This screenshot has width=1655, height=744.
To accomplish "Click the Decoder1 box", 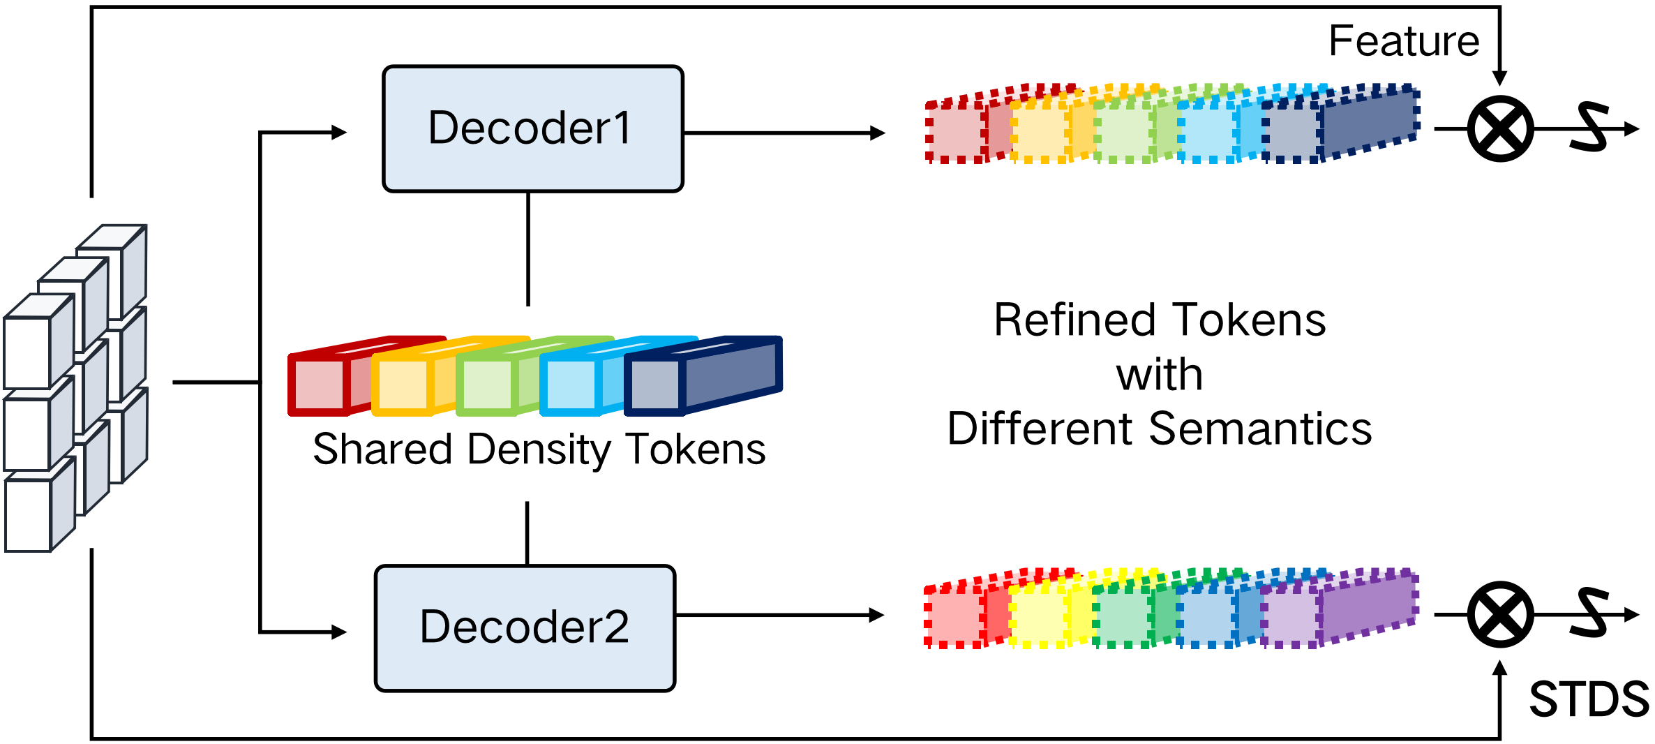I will click(532, 129).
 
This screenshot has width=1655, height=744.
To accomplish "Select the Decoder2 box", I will click(525, 628).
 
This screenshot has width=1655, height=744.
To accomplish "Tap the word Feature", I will click(1404, 41).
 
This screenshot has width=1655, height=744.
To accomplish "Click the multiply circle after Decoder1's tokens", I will click(1500, 129).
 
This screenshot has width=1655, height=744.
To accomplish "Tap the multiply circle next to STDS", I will click(1500, 615).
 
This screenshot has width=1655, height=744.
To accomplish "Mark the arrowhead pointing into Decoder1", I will click(340, 133).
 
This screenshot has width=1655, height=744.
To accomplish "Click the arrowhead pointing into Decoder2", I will click(340, 632).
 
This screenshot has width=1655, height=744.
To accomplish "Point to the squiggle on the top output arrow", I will click(1589, 127).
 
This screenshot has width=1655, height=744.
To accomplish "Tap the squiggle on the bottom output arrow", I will click(1589, 613).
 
